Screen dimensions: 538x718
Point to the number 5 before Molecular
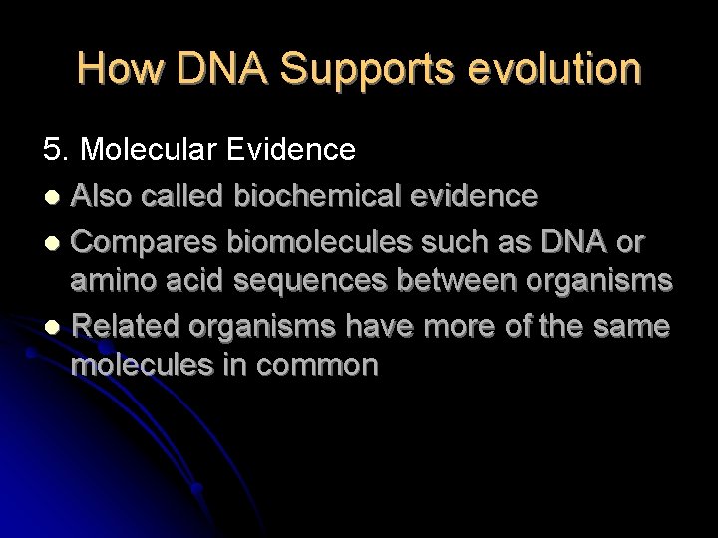[50, 150]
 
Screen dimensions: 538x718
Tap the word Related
[127, 325]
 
